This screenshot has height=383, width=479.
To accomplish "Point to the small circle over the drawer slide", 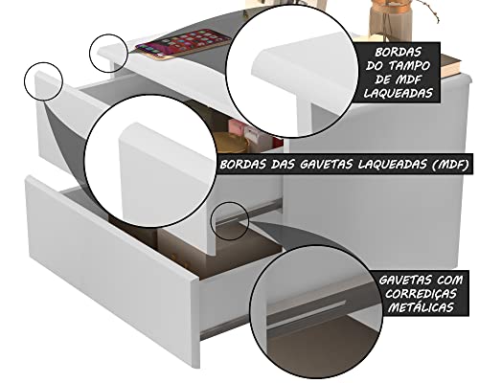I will (231, 218).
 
